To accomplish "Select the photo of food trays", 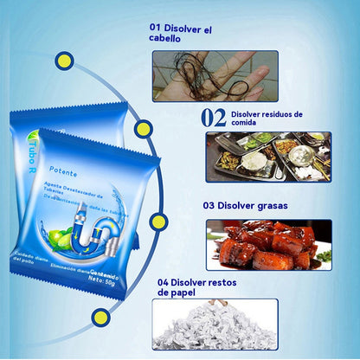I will pos(267,156).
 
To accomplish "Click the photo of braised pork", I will pos(267,245).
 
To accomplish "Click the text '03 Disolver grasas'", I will pos(246,205).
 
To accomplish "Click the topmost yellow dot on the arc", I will pos(63,61).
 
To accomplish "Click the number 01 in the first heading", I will pos(155,28).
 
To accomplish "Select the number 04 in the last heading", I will pos(164,283).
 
